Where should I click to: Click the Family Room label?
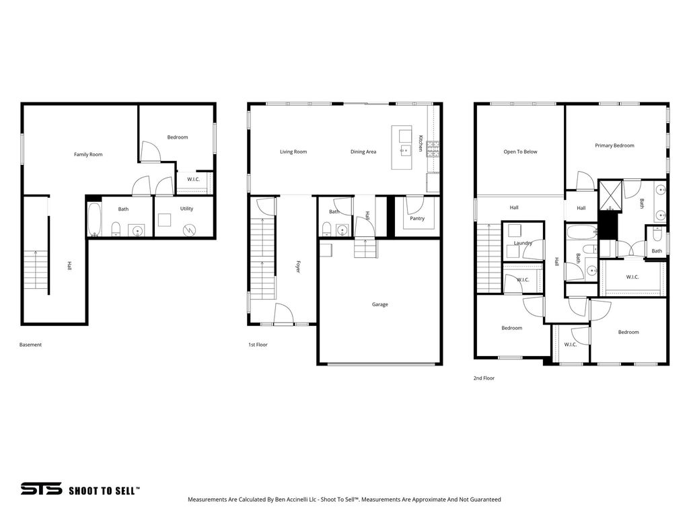tap(88, 154)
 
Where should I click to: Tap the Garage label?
tap(379, 304)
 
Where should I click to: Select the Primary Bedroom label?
tap(614, 145)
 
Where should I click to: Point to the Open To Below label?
tap(520, 151)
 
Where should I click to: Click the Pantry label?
tap(417, 218)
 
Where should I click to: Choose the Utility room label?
tap(186, 209)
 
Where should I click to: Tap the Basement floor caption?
tap(30, 345)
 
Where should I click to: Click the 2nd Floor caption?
tap(484, 378)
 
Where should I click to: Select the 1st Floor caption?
tap(258, 345)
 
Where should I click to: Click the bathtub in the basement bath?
tap(94, 219)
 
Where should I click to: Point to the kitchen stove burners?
tap(433, 149)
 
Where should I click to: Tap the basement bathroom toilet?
tap(116, 229)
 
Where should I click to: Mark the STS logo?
tap(41, 489)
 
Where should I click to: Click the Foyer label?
tap(297, 267)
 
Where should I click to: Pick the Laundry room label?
tap(523, 242)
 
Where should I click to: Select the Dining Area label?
tap(363, 151)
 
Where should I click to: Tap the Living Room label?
tap(293, 151)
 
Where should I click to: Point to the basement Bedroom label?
tap(178, 137)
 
